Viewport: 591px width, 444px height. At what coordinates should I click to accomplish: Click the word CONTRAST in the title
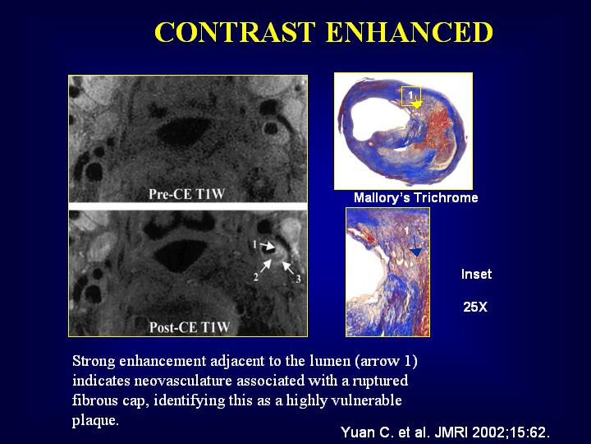coord(235,32)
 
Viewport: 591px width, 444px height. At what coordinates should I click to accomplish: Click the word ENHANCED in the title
coord(410,32)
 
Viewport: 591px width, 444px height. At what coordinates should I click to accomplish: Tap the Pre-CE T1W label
coord(186,194)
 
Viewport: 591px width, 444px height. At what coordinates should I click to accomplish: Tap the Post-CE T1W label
coord(190,327)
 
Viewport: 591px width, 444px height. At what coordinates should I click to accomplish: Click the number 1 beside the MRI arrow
coord(254,245)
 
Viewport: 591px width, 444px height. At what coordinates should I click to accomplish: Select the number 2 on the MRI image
coord(256,278)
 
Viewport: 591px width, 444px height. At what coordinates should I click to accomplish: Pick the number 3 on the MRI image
coord(298,279)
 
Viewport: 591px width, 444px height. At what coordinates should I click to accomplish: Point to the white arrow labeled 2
coord(266,266)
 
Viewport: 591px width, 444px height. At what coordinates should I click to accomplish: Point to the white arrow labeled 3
coord(288,267)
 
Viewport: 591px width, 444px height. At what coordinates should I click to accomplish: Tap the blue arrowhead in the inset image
coord(416,252)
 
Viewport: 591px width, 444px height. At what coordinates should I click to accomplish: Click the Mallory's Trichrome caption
coord(415,197)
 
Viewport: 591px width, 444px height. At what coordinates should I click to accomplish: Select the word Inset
coord(476,274)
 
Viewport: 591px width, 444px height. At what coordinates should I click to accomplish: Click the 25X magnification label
coord(475,307)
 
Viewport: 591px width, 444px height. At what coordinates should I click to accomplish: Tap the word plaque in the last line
coord(95,420)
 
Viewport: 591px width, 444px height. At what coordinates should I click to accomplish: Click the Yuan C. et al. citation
coord(445,432)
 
